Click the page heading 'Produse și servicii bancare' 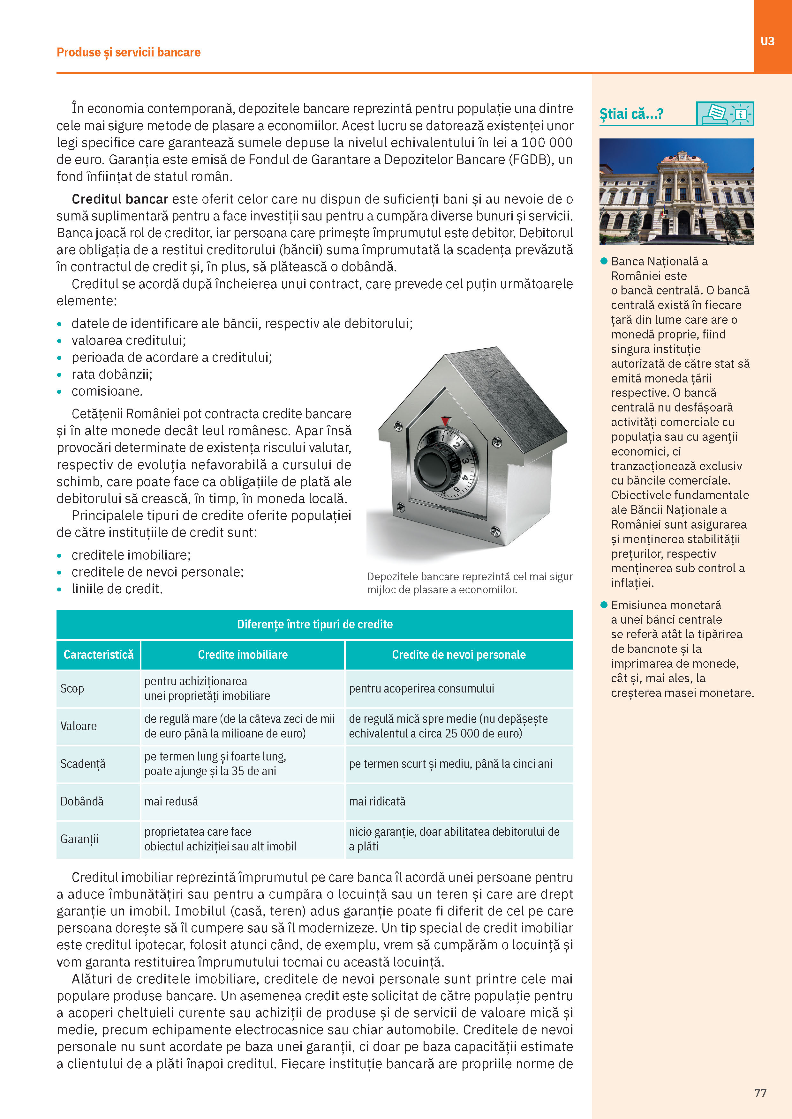(128, 52)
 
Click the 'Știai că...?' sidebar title (631, 114)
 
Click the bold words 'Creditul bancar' (120, 199)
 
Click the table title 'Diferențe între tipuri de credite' (314, 624)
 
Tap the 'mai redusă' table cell (171, 801)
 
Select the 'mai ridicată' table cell (377, 801)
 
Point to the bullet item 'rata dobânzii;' (112, 374)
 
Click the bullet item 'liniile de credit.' (117, 589)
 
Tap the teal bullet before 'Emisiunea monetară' (604, 605)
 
